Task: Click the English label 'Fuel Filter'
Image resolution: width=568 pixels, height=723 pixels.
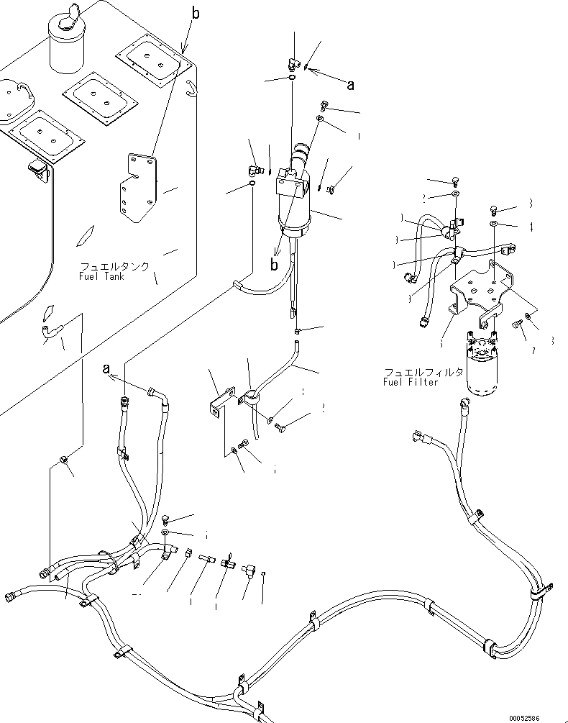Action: (x=411, y=382)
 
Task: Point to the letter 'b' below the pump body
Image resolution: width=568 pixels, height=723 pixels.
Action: (x=273, y=264)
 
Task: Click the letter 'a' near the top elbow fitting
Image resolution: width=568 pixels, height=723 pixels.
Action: (x=350, y=86)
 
